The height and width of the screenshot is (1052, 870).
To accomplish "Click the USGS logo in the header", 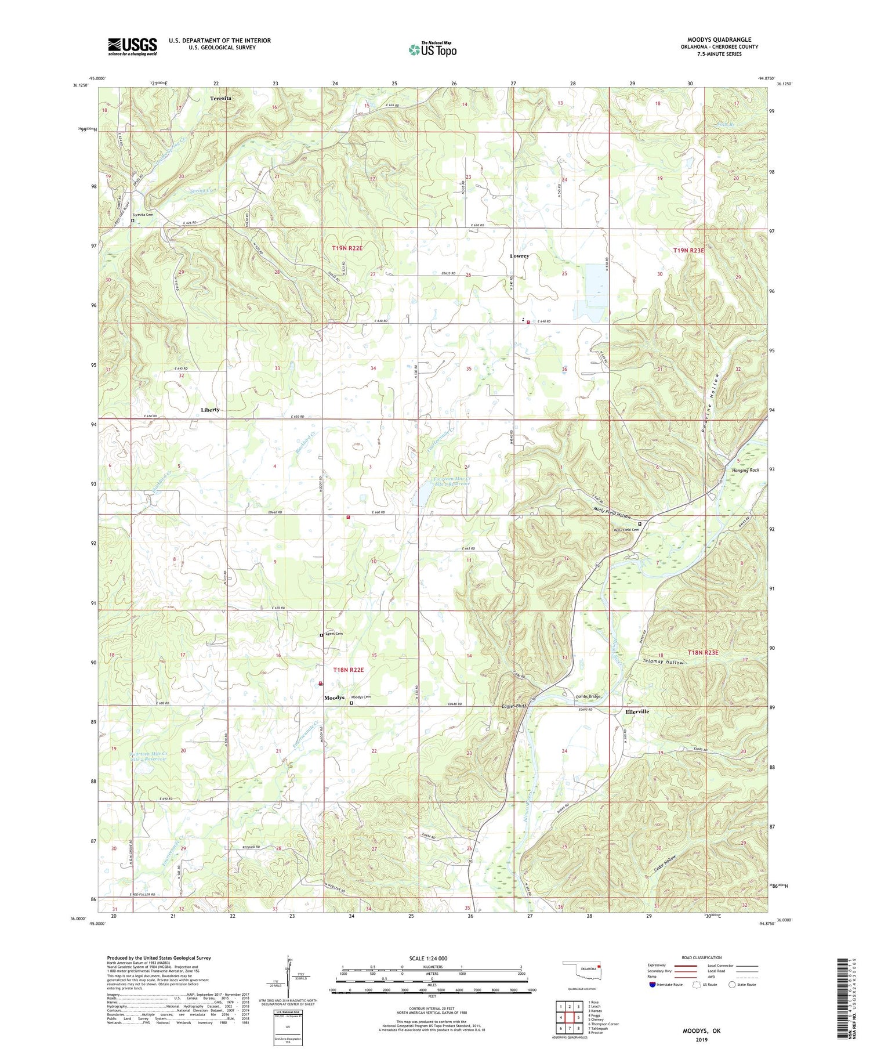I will coord(132,46).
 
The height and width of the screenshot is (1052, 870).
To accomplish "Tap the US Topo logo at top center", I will coord(433,49).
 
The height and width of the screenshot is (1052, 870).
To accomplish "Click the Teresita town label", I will coord(220,99).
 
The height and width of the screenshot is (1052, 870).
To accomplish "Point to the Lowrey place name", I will coord(519,256).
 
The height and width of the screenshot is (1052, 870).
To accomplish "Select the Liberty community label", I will coord(210,410).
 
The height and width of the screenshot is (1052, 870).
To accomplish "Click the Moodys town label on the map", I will coord(334,697).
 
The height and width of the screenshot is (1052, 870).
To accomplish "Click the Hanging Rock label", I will coord(745,470).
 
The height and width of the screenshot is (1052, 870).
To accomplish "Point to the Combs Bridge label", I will coord(588,697).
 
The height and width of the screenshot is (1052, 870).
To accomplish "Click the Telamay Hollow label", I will coord(663,662).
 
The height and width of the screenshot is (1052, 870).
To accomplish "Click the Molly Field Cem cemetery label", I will coord(623,529).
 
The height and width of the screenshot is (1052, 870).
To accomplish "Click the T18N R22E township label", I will coord(348,670).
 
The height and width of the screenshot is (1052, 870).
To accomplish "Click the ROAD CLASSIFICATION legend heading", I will coord(702,957).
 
